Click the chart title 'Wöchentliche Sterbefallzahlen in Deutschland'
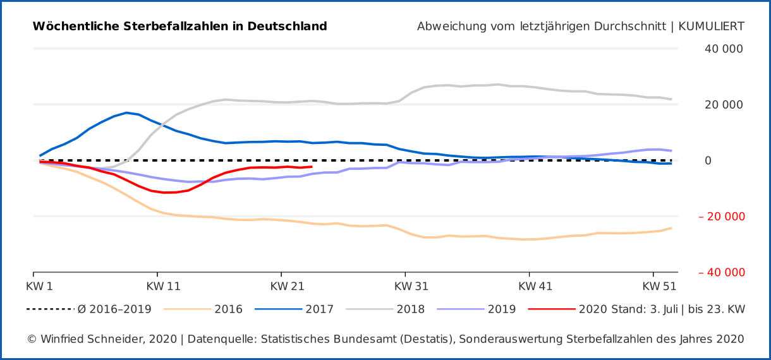pyautogui.click(x=179, y=27)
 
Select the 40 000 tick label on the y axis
pyautogui.click(x=724, y=49)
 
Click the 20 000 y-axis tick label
pyautogui.click(x=724, y=105)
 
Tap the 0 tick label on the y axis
pyautogui.click(x=707, y=161)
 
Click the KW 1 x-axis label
pyautogui.click(x=39, y=287)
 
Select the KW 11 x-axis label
pyautogui.click(x=163, y=287)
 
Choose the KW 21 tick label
pyautogui.click(x=287, y=287)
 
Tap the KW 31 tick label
pyautogui.click(x=411, y=287)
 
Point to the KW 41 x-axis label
pyautogui.click(x=535, y=287)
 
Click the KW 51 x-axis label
pyautogui.click(x=659, y=287)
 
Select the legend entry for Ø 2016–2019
pyautogui.click(x=114, y=309)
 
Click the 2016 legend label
pyautogui.click(x=228, y=309)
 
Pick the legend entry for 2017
pyautogui.click(x=319, y=309)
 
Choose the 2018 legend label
pyautogui.click(x=410, y=309)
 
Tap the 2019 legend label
pyautogui.click(x=501, y=309)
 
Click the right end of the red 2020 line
pyautogui.click(x=312, y=167)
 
